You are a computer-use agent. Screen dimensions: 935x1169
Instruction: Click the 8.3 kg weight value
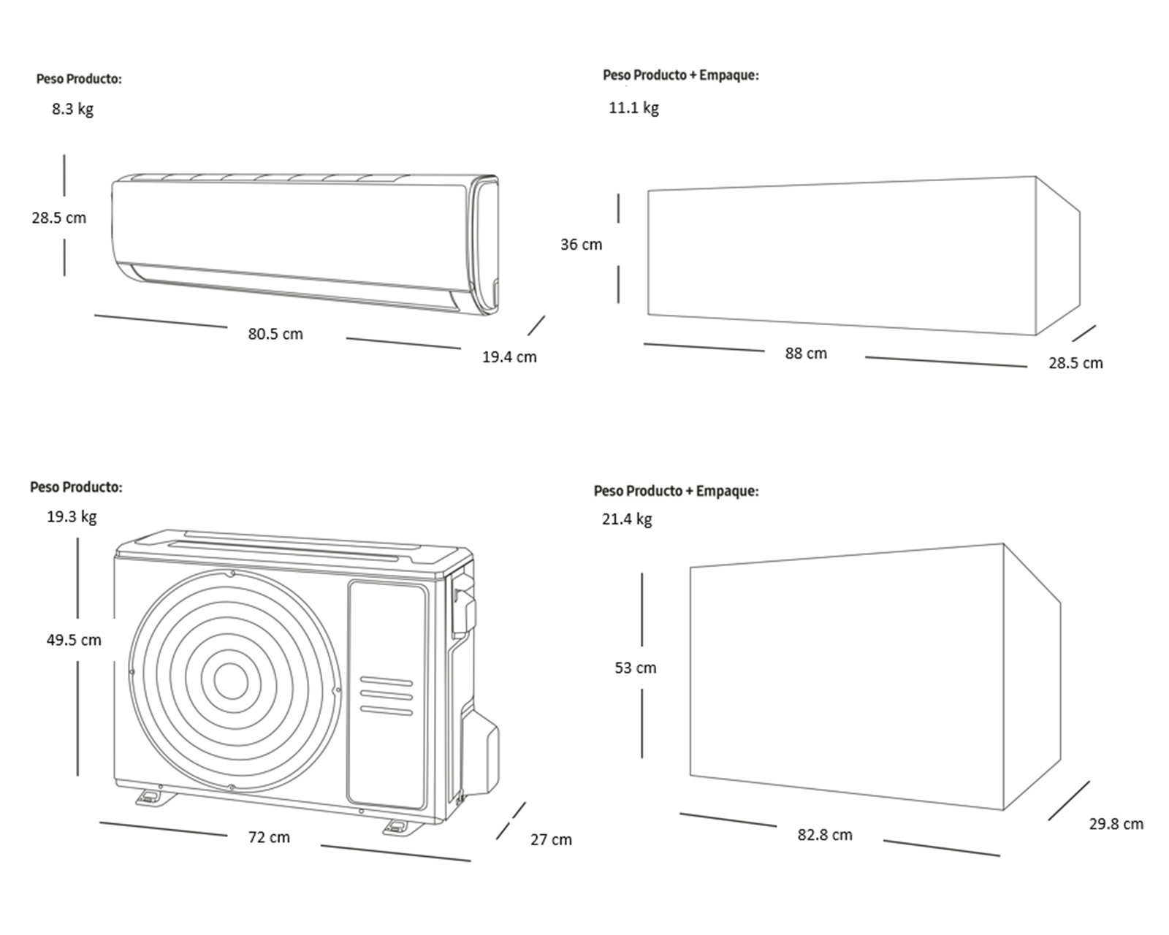pos(72,110)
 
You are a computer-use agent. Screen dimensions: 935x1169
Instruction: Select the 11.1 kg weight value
pos(633,108)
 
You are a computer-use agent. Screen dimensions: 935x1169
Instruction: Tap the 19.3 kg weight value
pos(72,517)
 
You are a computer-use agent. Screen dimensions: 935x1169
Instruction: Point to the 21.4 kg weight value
pos(627,519)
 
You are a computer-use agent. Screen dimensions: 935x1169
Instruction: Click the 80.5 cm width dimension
pos(275,334)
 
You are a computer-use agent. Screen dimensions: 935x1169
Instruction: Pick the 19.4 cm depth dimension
pos(509,357)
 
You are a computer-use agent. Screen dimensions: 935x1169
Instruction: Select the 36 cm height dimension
pos(582,245)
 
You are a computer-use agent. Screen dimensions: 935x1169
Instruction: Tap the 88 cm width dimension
pos(806,354)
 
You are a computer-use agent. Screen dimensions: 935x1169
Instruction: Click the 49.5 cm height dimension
pos(74,640)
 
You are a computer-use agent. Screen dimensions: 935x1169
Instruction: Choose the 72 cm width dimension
pos(269,837)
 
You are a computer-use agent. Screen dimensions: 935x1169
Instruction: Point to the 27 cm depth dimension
pos(551,840)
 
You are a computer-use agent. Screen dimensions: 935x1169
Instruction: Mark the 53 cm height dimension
pos(636,668)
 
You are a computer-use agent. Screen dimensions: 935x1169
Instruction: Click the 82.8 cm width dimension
pos(825,835)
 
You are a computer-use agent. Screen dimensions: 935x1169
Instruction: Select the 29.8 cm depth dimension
pos(1116,825)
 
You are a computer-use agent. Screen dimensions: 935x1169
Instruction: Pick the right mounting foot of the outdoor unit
pos(398,827)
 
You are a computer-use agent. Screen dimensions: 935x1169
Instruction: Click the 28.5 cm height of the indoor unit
pos(58,218)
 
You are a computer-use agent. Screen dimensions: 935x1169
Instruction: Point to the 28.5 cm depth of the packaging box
pos(1075,363)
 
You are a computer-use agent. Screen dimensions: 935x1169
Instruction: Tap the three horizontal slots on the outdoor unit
pos(387,697)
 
